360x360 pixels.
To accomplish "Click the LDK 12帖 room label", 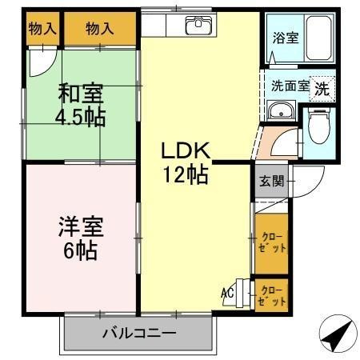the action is [x=186, y=163].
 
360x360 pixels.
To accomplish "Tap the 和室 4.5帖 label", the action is [x=81, y=105].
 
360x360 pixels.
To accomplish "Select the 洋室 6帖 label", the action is [x=81, y=238].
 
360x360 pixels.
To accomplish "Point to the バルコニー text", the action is [x=139, y=334].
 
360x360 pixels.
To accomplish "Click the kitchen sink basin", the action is [x=198, y=26].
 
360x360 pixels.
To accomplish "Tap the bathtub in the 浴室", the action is [x=318, y=38].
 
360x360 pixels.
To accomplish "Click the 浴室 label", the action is [x=285, y=38].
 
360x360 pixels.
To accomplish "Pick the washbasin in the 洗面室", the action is [x=281, y=110].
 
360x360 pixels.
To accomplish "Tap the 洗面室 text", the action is [x=290, y=86].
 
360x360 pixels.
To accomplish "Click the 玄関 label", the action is [x=272, y=182].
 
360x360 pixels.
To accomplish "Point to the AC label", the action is [x=227, y=294].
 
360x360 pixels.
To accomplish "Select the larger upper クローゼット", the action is [x=272, y=243].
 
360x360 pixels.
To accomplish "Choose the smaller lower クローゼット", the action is [x=272, y=295].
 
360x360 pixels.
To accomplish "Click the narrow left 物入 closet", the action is [x=42, y=28].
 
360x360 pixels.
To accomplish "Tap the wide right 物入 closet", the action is [x=100, y=28].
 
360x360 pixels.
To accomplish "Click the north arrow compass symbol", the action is [x=338, y=334].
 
